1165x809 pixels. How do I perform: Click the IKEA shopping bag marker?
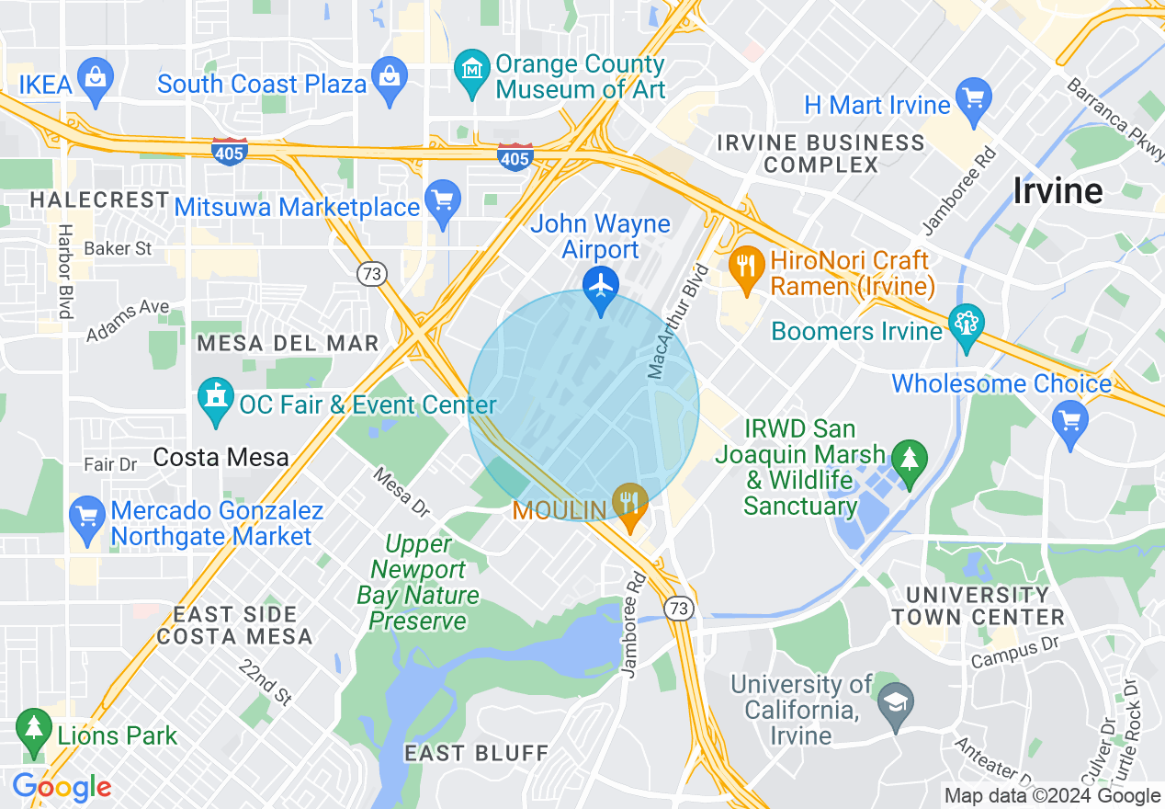pyautogui.click(x=96, y=74)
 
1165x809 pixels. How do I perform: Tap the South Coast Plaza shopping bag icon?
pyautogui.click(x=390, y=74)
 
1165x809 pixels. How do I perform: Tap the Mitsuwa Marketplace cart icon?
pyautogui.click(x=443, y=199)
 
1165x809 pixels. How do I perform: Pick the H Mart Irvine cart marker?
pyautogui.click(x=973, y=97)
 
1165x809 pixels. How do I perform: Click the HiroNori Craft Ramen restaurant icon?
pyautogui.click(x=746, y=266)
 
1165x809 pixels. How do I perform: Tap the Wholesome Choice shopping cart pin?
pyautogui.click(x=1070, y=420)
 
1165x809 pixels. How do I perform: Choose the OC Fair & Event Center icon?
pyautogui.click(x=216, y=398)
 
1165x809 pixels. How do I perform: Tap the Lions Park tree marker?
pyautogui.click(x=34, y=728)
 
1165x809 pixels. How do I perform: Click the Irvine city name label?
pyautogui.click(x=1058, y=191)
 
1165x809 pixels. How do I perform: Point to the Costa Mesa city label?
pyautogui.click(x=221, y=457)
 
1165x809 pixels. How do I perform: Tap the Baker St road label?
pyautogui.click(x=118, y=248)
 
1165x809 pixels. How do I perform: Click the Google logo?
pyautogui.click(x=62, y=787)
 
